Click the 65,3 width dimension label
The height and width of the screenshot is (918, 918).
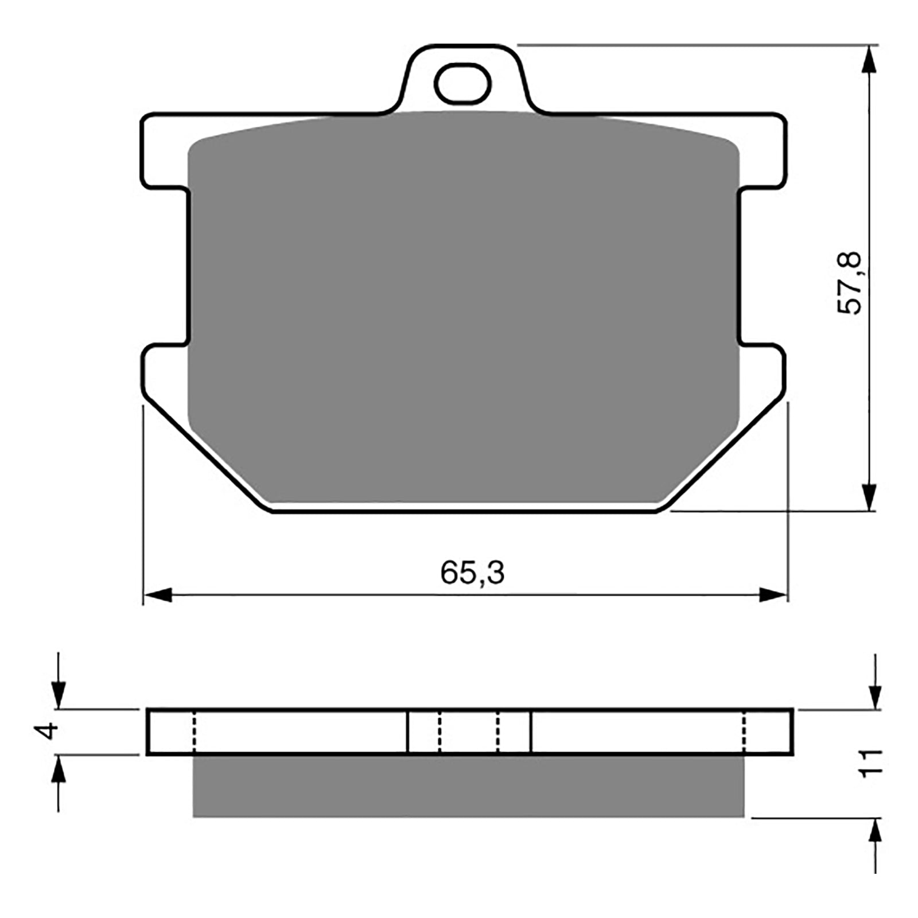coord(472,573)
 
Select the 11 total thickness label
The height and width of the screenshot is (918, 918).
coord(870,763)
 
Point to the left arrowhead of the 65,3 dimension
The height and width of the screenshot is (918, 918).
coord(158,595)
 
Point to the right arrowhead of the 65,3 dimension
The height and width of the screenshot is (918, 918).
coord(772,595)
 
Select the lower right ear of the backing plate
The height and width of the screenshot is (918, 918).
coord(763,373)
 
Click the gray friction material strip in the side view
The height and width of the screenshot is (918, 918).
coord(468,786)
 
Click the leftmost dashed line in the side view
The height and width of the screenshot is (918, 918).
coord(195,732)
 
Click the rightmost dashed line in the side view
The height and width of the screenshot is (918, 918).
coord(744,732)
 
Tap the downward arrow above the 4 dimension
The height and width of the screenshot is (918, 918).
coord(58,694)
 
